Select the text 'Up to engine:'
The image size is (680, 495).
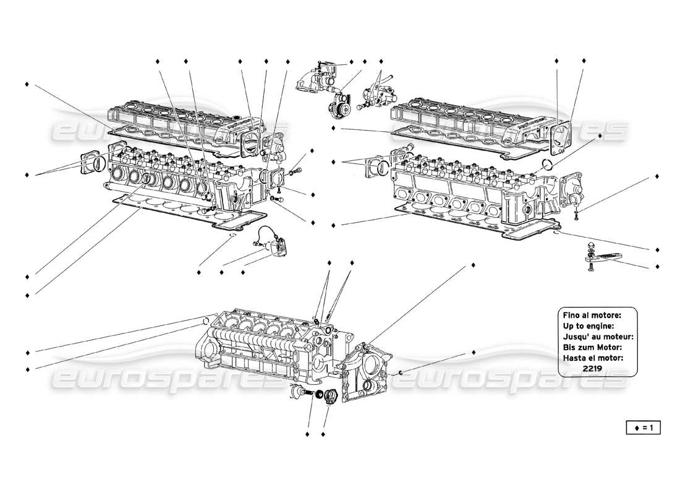588,325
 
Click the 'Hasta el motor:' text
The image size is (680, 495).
593,358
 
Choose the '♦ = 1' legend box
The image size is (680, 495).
643,426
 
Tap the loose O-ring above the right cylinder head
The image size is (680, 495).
546,165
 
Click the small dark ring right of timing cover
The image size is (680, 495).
401,372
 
